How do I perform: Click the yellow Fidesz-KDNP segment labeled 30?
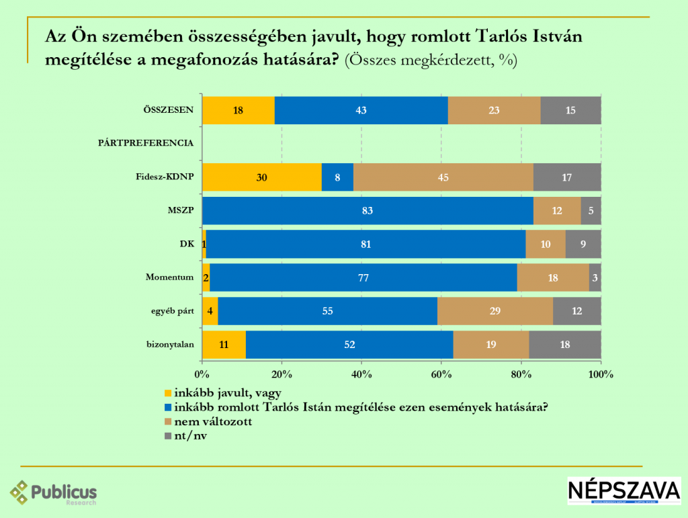261,177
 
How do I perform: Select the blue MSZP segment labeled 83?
367,211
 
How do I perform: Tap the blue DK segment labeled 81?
365,244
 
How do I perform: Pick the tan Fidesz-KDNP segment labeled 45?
443,177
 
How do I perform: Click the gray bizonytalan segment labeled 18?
564,345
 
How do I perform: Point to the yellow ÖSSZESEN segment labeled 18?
238,110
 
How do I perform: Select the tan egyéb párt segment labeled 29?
494,311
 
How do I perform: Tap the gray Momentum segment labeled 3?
595,277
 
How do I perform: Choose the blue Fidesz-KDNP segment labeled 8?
337,177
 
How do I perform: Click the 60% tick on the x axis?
441,374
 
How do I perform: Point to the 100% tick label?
600,374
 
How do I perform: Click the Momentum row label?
170,277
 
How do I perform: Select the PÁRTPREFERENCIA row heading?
146,143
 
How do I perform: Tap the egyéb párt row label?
172,310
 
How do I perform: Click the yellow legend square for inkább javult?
168,393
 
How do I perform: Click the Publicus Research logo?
54,493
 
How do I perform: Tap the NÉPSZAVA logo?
623,490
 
